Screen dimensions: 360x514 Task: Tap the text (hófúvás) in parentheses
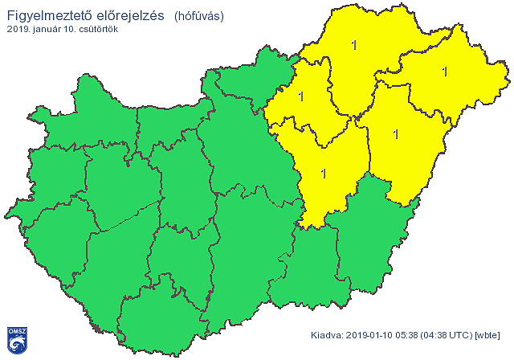tap(198, 15)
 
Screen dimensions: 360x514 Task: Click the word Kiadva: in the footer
tap(328, 335)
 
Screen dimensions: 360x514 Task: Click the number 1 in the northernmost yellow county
tap(354, 45)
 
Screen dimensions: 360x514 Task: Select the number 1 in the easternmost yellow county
tap(444, 72)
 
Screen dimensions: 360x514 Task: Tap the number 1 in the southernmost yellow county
tap(324, 172)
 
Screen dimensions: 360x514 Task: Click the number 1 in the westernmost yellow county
tap(301, 96)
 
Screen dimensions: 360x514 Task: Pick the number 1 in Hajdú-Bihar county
tap(395, 133)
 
